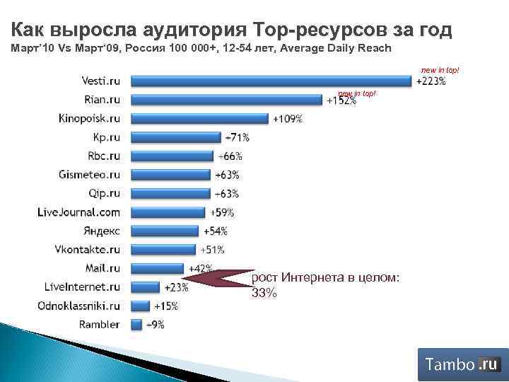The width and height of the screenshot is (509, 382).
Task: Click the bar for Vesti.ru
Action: pyautogui.click(x=271, y=81)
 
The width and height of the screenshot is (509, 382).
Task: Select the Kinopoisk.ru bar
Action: pyautogui.click(x=200, y=119)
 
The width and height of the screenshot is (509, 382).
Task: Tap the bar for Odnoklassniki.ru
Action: pyautogui.click(x=141, y=306)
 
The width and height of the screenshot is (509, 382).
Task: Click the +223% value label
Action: pyautogui.click(x=430, y=82)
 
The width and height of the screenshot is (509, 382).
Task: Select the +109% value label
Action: pyautogui.click(x=288, y=119)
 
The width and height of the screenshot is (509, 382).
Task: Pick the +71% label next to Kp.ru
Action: pyautogui.click(x=237, y=137)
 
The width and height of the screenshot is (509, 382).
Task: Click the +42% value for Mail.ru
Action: pyautogui.click(x=200, y=269)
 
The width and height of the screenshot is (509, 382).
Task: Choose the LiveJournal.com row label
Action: pyautogui.click(x=78, y=212)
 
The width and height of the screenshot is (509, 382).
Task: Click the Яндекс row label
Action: pyautogui.click(x=102, y=231)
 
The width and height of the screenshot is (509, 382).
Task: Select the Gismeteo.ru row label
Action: pyautogui.click(x=90, y=175)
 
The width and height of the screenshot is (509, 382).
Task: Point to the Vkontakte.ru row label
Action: pyautogui.click(x=88, y=250)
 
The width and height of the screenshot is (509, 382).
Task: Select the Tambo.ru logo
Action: pyautogui.click(x=462, y=364)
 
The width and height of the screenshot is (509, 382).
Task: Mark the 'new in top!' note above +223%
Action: pyautogui.click(x=440, y=71)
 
